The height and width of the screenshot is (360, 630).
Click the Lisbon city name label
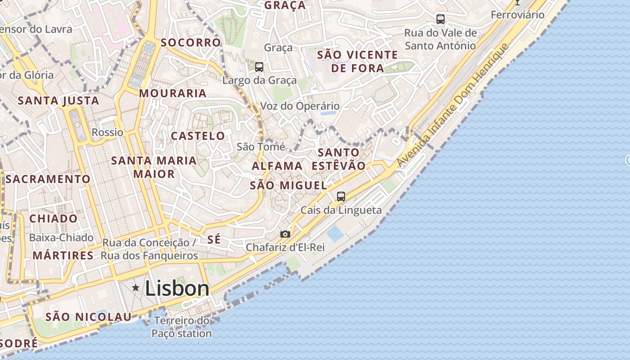(x=177, y=288)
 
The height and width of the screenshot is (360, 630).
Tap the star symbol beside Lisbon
(x=135, y=287)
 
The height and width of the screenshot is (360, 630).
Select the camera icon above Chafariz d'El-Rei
(x=285, y=234)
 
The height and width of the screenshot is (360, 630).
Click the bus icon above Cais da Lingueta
(x=341, y=196)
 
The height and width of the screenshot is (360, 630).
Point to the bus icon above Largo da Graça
(x=259, y=67)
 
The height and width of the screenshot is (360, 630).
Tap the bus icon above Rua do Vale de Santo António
(x=441, y=19)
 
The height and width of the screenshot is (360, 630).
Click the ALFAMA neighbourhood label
(x=277, y=166)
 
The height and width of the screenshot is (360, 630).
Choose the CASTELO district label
(x=198, y=136)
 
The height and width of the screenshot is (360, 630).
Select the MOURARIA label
(x=173, y=94)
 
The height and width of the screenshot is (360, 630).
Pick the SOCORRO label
(x=191, y=43)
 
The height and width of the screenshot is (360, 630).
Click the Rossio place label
(x=107, y=132)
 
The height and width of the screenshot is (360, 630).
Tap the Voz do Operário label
(x=300, y=106)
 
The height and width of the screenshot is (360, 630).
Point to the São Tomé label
(x=261, y=147)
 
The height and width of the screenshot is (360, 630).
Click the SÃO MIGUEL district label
(x=288, y=185)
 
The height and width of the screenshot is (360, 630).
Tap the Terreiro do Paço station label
(x=181, y=327)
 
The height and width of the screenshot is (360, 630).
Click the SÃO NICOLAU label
(x=89, y=317)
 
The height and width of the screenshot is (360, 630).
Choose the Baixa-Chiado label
(x=61, y=238)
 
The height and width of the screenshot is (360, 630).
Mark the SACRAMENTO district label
(x=49, y=179)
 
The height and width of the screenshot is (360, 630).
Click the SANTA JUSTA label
(x=58, y=100)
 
